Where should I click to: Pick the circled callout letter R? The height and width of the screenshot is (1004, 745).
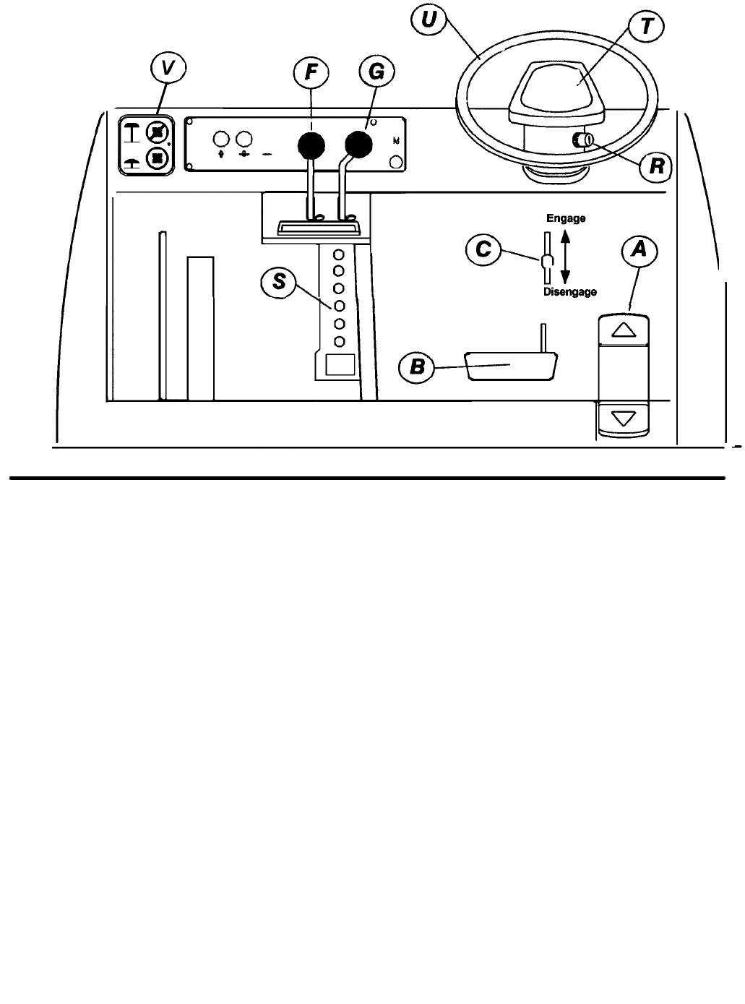coord(655,167)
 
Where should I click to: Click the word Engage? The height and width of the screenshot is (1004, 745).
coord(566,218)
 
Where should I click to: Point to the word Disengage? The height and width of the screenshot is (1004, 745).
coord(570,292)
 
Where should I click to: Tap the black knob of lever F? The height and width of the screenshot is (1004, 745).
coord(311,147)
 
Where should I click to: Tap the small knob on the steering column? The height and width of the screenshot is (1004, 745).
coord(582,140)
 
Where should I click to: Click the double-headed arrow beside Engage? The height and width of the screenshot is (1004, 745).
coord(566,256)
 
